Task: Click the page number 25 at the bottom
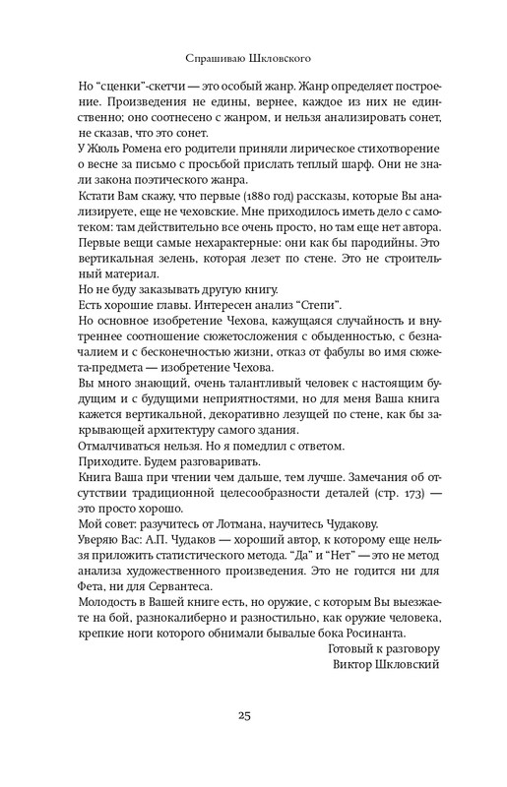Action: (x=253, y=714)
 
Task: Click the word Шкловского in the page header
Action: (x=290, y=60)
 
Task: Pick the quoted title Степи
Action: (x=296, y=315)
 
